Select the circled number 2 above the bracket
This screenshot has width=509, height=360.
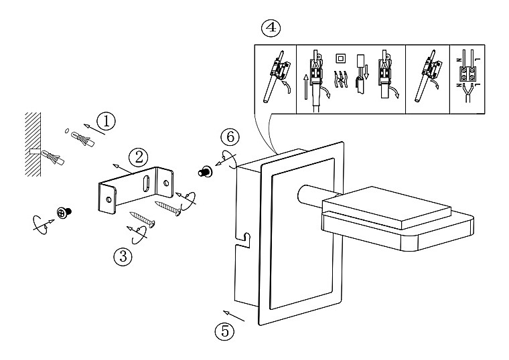point(138,158)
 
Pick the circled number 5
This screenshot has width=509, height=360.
point(224,331)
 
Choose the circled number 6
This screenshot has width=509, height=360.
point(230,137)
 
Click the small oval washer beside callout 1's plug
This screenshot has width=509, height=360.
point(66,130)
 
